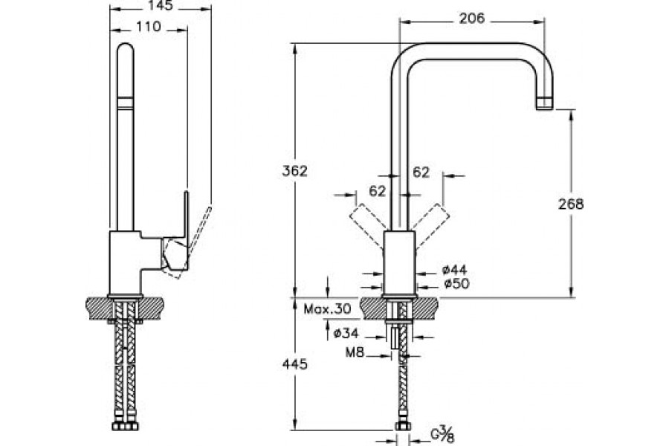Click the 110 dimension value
click(x=149, y=26)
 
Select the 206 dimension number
click(x=471, y=19)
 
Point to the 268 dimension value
click(x=571, y=204)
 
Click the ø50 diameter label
click(x=454, y=283)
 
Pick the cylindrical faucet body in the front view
click(x=398, y=264)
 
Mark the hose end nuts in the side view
click(x=126, y=428)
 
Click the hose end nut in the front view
click(x=404, y=427)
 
